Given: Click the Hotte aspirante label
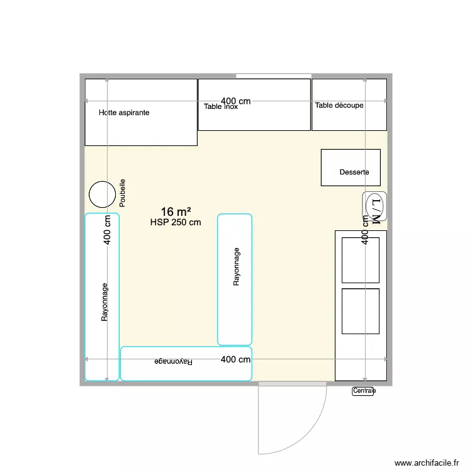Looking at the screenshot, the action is [124, 113].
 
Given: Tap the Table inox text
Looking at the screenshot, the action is [221, 106].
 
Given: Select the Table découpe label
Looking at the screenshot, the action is [339, 105].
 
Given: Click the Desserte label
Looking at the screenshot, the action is [354, 172].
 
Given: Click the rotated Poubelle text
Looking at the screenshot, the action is [122, 193].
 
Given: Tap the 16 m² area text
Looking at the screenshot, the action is [176, 211].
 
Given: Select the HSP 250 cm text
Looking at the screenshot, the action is [176, 222].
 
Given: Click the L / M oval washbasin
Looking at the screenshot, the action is [375, 206].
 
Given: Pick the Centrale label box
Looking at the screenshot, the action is [363, 391].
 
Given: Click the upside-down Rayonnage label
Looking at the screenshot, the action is [174, 361].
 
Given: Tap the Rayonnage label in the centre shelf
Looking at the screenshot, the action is [236, 267].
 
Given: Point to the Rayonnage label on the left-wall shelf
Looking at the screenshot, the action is [104, 302].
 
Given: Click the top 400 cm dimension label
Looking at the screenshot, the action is [236, 101].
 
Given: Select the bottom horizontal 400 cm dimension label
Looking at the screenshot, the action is [236, 359].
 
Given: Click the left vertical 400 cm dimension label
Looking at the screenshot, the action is [107, 230].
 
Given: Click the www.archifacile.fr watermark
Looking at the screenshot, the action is [427, 463].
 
